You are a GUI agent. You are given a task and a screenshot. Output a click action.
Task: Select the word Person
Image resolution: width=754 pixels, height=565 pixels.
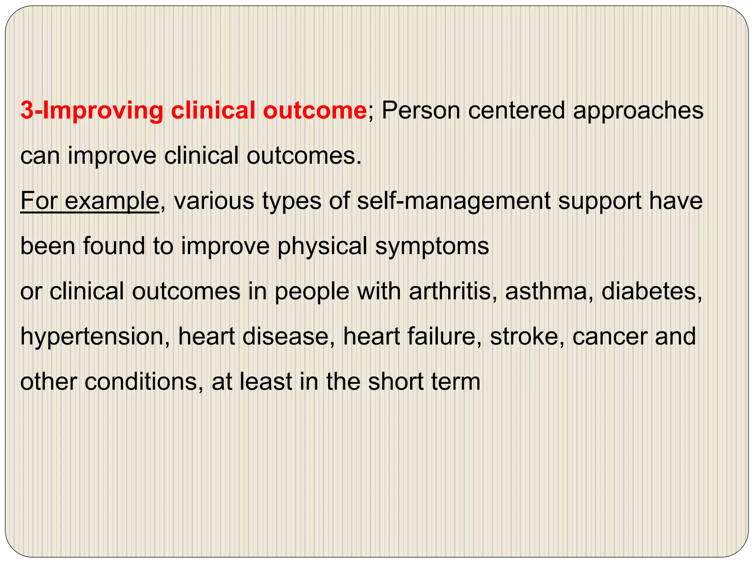point(421,110)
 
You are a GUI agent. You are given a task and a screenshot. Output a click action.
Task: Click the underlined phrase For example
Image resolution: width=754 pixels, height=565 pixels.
point(89,202)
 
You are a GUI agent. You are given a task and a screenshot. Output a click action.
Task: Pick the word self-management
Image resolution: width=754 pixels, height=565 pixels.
point(454,202)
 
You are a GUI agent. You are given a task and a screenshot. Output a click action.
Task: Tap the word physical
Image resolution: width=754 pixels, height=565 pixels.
point(322,247)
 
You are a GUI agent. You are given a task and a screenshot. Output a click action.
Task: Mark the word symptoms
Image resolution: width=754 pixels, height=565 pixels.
point(432,247)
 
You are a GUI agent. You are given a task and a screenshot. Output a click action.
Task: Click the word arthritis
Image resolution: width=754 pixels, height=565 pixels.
point(450,291)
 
